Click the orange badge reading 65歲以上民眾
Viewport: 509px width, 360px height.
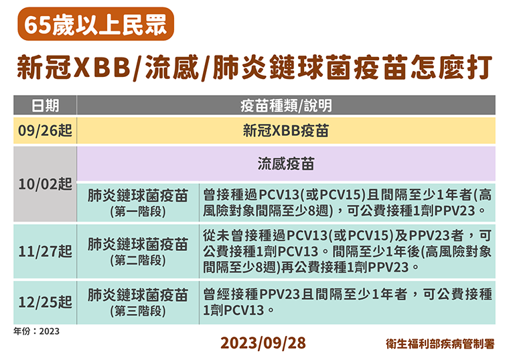pyautogui.click(x=96, y=24)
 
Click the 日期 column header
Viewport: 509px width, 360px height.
pyautogui.click(x=45, y=106)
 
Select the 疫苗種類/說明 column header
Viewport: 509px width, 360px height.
pyautogui.click(x=286, y=106)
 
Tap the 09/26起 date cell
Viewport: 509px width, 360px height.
pyautogui.click(x=45, y=130)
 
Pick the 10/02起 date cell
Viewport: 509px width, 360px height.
pyautogui.click(x=45, y=184)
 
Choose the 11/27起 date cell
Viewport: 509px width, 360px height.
pyautogui.click(x=45, y=252)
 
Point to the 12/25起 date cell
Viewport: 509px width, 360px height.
pyautogui.click(x=45, y=302)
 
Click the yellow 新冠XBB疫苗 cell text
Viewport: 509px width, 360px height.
pyautogui.click(x=286, y=130)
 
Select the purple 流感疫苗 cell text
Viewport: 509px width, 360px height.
pyautogui.click(x=286, y=164)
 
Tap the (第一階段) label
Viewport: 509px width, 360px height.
pyautogui.click(x=138, y=211)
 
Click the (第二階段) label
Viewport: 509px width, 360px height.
pyautogui.click(x=138, y=260)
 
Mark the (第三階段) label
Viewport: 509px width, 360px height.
pyautogui.click(x=138, y=311)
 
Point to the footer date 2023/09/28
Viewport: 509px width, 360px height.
pyautogui.click(x=263, y=343)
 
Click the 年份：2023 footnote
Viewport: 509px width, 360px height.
pyautogui.click(x=36, y=331)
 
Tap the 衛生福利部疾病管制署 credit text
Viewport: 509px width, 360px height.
pyautogui.click(x=441, y=344)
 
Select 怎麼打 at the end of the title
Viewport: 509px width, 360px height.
pyautogui.click(x=452, y=68)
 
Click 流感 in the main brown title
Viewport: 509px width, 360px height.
pyautogui.click(x=171, y=68)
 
